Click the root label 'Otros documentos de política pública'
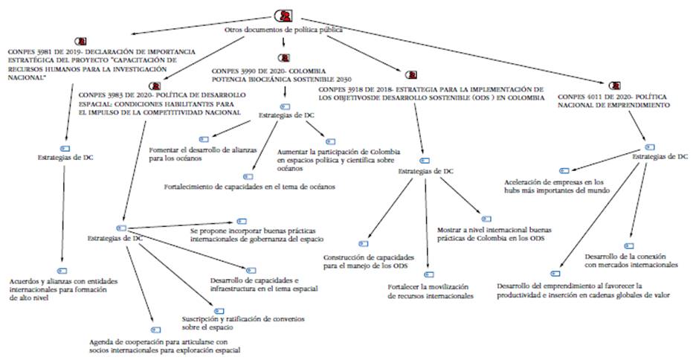click(x=283, y=30)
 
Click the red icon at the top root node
click(x=283, y=16)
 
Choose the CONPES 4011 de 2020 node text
click(x=613, y=101)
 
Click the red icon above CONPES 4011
click(x=614, y=86)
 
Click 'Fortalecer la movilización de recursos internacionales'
click(x=431, y=291)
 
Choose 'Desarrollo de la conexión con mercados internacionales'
click(x=631, y=260)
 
